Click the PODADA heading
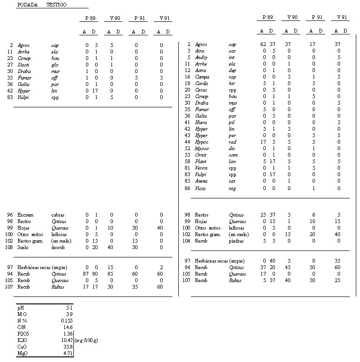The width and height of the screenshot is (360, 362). pos(27,5)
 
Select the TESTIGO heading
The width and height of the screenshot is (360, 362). pos(56,5)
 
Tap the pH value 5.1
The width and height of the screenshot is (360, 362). pos(68,308)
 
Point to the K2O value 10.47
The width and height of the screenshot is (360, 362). pos(66,340)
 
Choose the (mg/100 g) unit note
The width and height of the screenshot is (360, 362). pos(86,340)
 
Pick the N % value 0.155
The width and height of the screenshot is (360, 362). pos(66,321)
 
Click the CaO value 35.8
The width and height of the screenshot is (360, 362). pos(67,347)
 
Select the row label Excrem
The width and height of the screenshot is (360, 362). pos(25,215)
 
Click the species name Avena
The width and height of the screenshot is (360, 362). pos(201,181)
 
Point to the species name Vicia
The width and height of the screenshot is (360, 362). pos(200,188)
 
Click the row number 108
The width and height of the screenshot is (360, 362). pos(9,248)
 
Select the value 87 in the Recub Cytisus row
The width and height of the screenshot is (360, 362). pos(86,274)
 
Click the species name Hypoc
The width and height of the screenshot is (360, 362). pos(202,142)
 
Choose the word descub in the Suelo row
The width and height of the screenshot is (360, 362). pos(58,248)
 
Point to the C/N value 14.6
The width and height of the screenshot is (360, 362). pos(67,327)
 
